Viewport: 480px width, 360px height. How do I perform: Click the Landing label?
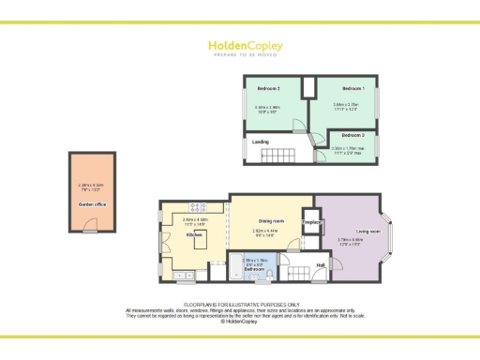pos(262,142)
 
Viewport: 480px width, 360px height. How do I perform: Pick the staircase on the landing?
pos(278,155)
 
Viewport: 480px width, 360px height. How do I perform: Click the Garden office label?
pos(90,202)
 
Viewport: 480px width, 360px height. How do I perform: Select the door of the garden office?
pos(90,226)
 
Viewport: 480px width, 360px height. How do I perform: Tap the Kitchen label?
pos(195,235)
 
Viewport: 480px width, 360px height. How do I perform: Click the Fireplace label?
pos(312,222)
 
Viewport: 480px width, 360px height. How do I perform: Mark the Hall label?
pos(321,265)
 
